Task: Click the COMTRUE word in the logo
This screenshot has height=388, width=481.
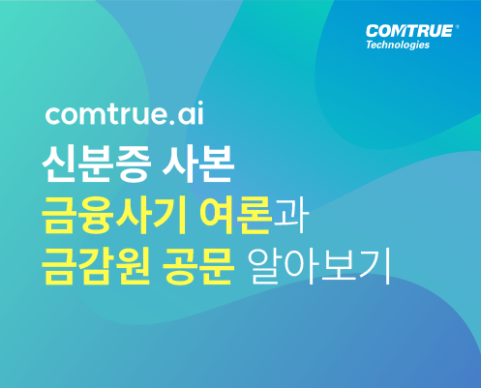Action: (409, 31)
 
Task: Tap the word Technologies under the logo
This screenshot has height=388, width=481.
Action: (398, 45)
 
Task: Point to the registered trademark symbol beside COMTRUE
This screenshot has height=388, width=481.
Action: (457, 27)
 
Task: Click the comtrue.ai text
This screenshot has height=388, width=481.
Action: (125, 113)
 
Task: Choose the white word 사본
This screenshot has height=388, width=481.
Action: (197, 164)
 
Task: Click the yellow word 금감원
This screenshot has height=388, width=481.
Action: (96, 265)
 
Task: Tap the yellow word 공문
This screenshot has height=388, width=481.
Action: (197, 265)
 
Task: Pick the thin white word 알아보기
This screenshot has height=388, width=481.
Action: (320, 266)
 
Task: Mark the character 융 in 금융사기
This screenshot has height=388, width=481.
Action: (96, 215)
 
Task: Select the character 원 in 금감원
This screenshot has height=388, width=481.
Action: (133, 266)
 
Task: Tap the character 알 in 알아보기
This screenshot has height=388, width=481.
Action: (265, 266)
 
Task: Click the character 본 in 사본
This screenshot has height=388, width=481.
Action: (216, 164)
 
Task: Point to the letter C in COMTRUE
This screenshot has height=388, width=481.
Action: (373, 31)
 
